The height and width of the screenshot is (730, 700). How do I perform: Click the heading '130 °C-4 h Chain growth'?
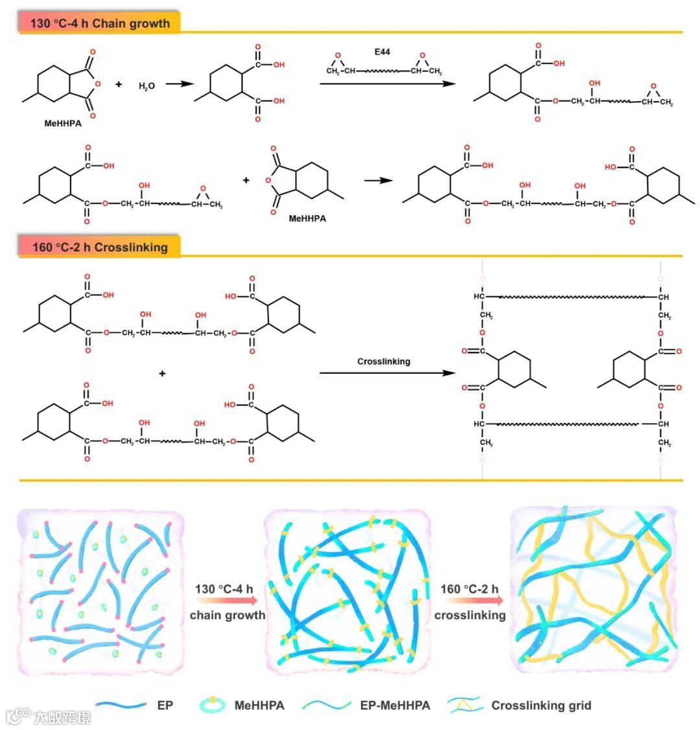(x=100, y=24)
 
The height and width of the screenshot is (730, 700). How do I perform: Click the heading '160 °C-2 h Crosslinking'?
(x=100, y=247)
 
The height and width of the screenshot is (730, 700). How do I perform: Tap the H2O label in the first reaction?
(x=146, y=86)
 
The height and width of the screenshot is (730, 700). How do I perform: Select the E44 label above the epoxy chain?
(x=382, y=52)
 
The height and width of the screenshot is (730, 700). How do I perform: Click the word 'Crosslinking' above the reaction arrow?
(x=384, y=361)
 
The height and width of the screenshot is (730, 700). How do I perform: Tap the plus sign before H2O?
(x=119, y=84)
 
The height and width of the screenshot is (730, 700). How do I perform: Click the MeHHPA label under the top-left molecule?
(x=63, y=123)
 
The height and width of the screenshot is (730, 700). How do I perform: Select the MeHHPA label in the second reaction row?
(x=307, y=218)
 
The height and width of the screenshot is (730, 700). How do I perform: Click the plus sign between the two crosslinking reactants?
(x=162, y=373)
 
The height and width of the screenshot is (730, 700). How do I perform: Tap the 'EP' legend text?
(x=165, y=705)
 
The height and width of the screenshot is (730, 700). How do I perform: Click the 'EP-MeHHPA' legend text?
(x=395, y=705)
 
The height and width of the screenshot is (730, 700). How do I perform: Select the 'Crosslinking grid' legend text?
(x=541, y=705)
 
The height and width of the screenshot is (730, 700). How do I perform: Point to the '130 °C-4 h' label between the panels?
(x=224, y=589)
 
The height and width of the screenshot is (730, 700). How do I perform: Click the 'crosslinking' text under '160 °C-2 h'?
(x=470, y=615)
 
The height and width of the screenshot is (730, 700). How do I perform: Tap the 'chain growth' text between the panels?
(x=227, y=615)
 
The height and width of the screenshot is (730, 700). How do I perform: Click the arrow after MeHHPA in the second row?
(x=378, y=180)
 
